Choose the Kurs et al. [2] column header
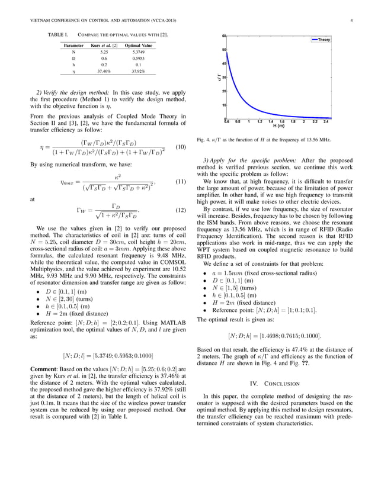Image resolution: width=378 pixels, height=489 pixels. click(104, 46)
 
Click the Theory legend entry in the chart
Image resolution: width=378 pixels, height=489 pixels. click(323, 40)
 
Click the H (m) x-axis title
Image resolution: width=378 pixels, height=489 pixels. click(278, 126)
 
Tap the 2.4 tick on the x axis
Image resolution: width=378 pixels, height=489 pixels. click(326, 122)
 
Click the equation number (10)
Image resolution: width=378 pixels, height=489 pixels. click(181, 147)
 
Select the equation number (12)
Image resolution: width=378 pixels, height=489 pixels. click(181, 210)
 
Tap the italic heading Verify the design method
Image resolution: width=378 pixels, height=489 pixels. click(76, 92)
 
